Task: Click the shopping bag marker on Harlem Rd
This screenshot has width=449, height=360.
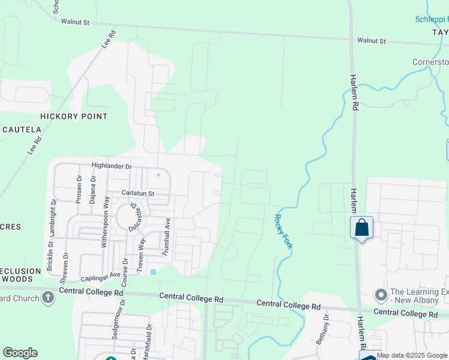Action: [x=361, y=229]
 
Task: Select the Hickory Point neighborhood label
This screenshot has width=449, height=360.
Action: [x=74, y=116]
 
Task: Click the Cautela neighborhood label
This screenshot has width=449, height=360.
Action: [x=22, y=130]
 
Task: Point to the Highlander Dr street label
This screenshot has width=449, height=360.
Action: [x=111, y=166]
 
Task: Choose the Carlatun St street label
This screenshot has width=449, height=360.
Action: [x=138, y=194]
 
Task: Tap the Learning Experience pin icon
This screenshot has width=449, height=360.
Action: [x=381, y=295]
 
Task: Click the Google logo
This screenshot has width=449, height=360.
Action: [x=20, y=353]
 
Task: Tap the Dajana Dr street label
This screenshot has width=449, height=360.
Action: [x=92, y=190]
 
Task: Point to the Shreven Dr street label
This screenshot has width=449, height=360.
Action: [x=64, y=269]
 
